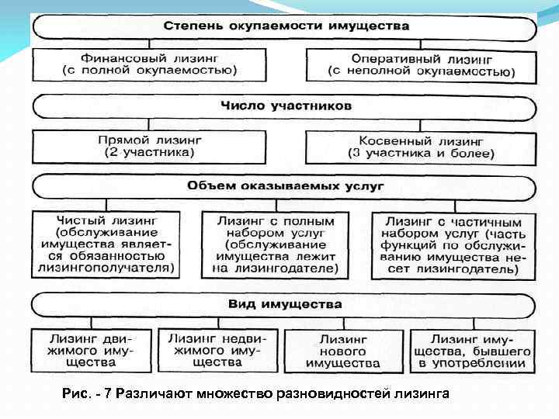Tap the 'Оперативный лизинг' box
click(421, 64)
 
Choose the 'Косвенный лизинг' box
click(421, 147)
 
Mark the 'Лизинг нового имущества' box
click(342, 351)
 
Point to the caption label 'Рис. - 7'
click(86, 395)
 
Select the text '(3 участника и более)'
click(421, 154)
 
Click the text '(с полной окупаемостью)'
click(150, 71)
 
